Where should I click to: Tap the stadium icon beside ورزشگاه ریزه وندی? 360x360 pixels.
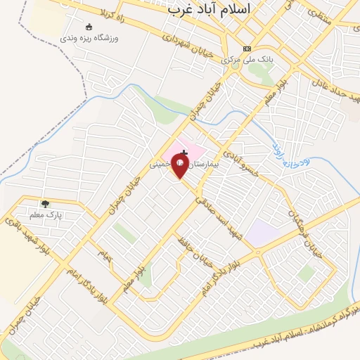pyautogui.click(x=89, y=27)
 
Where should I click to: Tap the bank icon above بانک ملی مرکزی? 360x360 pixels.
pyautogui.click(x=247, y=49)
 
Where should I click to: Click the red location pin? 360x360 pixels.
pyautogui.click(x=181, y=167)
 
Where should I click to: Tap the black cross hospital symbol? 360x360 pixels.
pyautogui.click(x=184, y=152)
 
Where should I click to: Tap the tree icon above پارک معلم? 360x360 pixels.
pyautogui.click(x=45, y=204)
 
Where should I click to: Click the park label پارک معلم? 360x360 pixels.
pyautogui.click(x=46, y=214)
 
